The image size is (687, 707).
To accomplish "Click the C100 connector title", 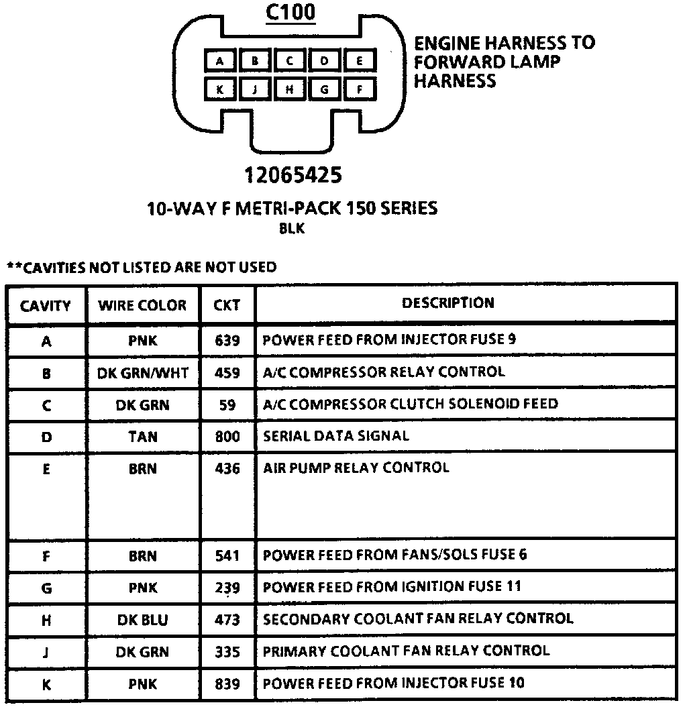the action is pos(290,13).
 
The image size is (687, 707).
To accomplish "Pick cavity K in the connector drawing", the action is pos(220,89).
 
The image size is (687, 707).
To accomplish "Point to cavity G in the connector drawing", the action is pos(325,89).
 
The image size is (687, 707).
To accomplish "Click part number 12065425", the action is pos(293,175).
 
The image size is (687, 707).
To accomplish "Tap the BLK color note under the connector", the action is pos(292,229).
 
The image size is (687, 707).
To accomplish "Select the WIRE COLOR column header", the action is pos(142,306).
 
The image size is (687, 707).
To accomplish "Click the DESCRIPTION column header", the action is pos(448,303).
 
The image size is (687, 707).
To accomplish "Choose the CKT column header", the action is pos(227,306).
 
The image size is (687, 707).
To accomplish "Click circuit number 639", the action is pos(227,341).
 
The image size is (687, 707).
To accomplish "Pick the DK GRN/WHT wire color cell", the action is pos(142,373).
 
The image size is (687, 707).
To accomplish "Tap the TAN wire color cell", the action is pos(142,437).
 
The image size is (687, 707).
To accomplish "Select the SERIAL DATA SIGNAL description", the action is pos(335,436).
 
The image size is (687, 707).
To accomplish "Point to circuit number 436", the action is pos(227,469).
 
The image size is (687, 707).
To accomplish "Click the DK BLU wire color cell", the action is pos(142,620).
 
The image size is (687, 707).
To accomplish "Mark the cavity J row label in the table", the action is pos(46,653).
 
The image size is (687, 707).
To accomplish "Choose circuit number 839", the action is pos(227,684).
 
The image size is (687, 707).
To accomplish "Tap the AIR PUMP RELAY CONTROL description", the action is pos(356,468).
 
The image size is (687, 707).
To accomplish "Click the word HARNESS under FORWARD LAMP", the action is pos(455,81).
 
